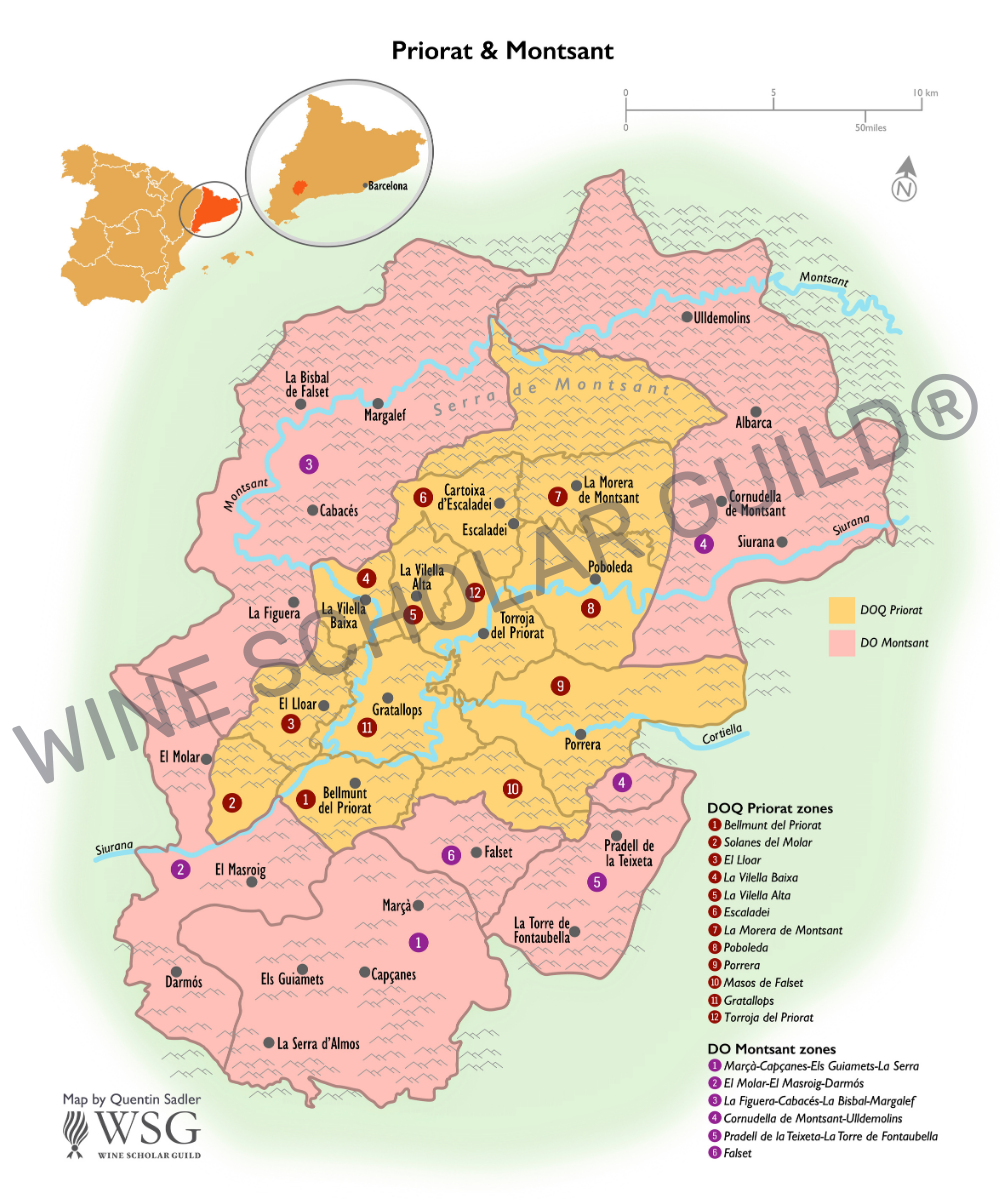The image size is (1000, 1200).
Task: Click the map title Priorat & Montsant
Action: [502, 49]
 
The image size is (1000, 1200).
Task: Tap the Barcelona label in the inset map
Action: [388, 186]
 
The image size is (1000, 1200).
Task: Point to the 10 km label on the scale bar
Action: [925, 93]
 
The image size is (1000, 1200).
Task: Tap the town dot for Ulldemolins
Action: [687, 317]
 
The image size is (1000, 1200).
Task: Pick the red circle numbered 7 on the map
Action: [557, 496]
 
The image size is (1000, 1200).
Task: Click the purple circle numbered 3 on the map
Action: [309, 463]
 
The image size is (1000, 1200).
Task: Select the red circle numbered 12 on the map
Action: [474, 592]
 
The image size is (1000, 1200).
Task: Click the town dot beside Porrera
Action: [580, 734]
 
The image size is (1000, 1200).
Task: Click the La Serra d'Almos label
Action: [318, 1043]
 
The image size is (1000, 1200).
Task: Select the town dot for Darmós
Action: [176, 971]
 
